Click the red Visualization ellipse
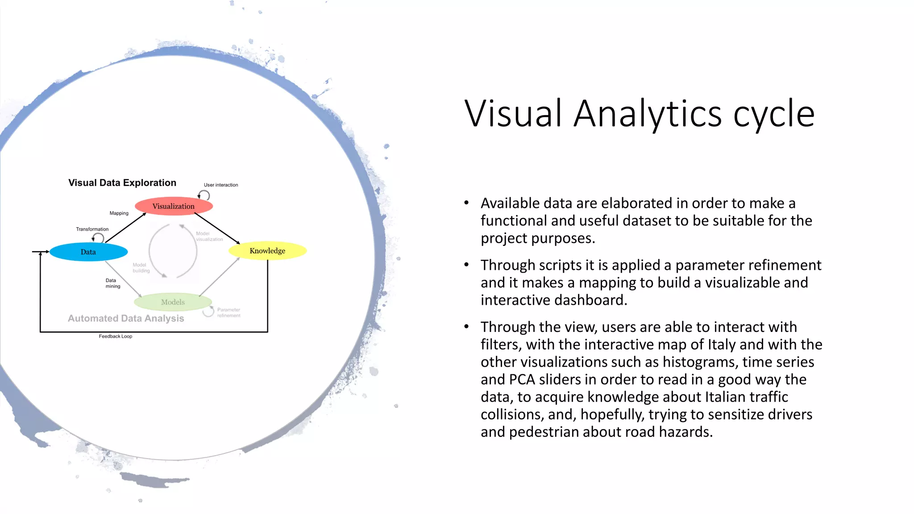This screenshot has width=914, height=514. point(174,206)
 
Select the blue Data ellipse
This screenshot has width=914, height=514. point(88,252)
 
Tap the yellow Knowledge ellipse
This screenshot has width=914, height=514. point(267,251)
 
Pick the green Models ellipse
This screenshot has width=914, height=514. point(173,302)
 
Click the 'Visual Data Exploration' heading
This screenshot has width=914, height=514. point(122,183)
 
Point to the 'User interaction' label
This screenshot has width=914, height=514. point(221,185)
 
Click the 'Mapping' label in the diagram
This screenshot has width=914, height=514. point(119,213)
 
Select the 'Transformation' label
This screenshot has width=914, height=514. point(92,229)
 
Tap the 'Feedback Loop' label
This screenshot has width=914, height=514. point(115,336)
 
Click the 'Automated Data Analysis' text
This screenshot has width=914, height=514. point(126,319)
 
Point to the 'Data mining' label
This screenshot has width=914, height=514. point(112,283)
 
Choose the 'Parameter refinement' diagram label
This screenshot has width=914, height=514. point(228,312)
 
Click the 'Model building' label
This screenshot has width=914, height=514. point(141,268)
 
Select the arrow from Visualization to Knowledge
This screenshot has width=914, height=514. point(217,228)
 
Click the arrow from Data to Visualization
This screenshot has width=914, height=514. point(126,228)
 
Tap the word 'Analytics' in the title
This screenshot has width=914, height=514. point(648,114)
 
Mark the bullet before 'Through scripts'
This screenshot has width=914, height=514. point(466,265)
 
